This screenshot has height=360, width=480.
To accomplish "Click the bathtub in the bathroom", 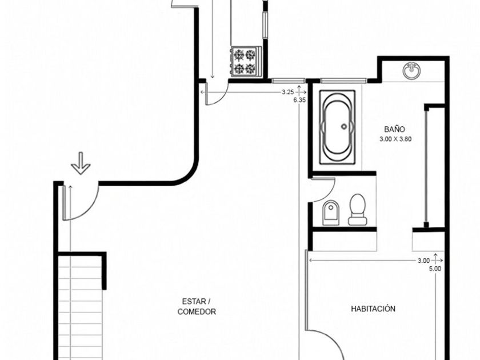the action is click(337, 127).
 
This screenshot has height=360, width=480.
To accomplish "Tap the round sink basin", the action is click(411, 71).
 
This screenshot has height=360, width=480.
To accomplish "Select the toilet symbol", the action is click(357, 209).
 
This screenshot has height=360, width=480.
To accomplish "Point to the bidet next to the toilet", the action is click(331, 213).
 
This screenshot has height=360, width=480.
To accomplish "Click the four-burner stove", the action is click(246, 61).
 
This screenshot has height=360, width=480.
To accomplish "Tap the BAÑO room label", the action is click(395, 129).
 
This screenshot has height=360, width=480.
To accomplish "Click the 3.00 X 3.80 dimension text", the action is click(395, 139).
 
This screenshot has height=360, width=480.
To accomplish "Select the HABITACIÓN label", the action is click(373, 309).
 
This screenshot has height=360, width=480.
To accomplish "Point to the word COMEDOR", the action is click(197, 311).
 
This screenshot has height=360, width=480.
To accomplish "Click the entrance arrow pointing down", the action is click(81, 163).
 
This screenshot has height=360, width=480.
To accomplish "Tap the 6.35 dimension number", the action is click(299, 100).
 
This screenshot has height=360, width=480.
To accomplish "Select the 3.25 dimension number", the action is click(288, 92).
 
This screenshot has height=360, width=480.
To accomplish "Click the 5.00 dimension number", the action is click(435, 269).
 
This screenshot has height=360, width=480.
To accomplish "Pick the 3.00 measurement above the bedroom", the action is click(423, 261).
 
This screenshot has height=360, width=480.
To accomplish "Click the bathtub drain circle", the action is click(344, 126).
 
